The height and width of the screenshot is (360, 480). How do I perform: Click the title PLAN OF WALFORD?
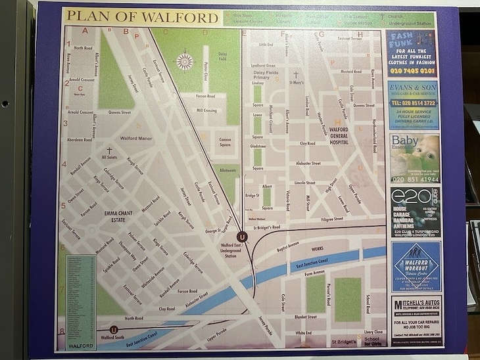[x=141, y=18]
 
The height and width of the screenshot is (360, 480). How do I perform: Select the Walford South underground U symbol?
[x=114, y=329]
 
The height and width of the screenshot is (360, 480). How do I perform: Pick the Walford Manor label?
[x=136, y=139]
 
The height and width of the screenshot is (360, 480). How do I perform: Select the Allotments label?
[x=228, y=170]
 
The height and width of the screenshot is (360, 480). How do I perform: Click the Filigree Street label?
[x=329, y=219]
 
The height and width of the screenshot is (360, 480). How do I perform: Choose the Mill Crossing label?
[x=206, y=111]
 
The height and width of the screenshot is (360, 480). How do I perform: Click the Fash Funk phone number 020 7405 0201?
[x=412, y=71]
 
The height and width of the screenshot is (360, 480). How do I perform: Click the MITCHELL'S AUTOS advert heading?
[x=416, y=305]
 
